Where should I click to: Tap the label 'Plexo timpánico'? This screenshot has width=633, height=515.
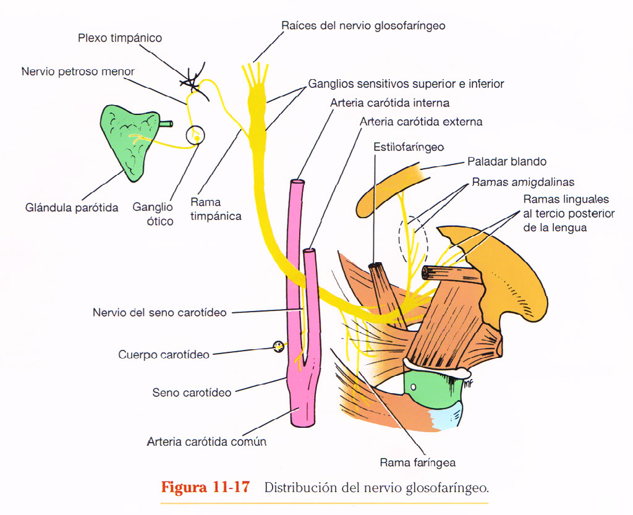[x=120, y=38]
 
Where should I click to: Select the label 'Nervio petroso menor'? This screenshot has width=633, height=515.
[x=78, y=72]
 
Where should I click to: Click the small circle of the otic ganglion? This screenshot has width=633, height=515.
[x=196, y=135]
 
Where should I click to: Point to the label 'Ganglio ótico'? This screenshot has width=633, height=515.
[x=153, y=214]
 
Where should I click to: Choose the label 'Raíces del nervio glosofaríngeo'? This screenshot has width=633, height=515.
[x=363, y=26]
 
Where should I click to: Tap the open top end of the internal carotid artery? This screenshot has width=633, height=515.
[x=297, y=183]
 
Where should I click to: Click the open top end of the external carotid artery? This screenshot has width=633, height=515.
[x=310, y=252]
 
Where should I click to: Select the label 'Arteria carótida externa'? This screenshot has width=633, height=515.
[x=421, y=122]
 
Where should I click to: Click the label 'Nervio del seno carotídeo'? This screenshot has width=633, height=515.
[x=159, y=313]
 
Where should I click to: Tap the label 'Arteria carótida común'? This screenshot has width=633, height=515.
[x=206, y=442]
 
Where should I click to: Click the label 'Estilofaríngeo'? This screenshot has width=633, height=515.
[x=409, y=147]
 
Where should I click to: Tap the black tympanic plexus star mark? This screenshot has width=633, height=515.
[x=191, y=80]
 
